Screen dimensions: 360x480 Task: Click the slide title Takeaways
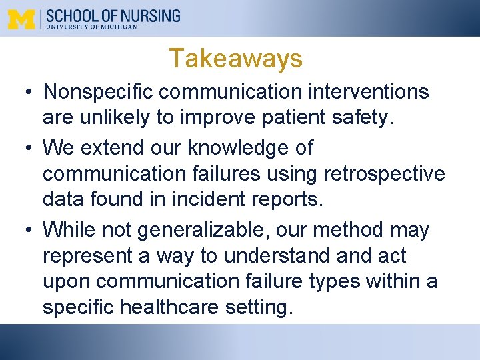pos(235,59)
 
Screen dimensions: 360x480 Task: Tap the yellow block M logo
pos(21,19)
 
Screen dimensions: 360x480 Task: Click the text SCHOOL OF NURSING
pos(113,16)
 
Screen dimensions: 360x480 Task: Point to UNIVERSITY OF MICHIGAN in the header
pos(91,27)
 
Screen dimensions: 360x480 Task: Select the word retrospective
pos(384,173)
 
